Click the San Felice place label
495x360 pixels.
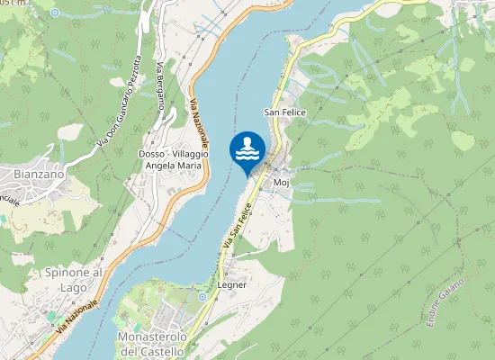tap(284, 112)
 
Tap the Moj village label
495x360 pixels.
tap(280, 182)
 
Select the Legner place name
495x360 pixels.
tap(232, 284)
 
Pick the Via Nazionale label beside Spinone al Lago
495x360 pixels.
tap(77, 319)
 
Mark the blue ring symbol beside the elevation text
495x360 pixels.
tap(54, 13)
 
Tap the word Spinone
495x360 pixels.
tap(62, 273)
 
